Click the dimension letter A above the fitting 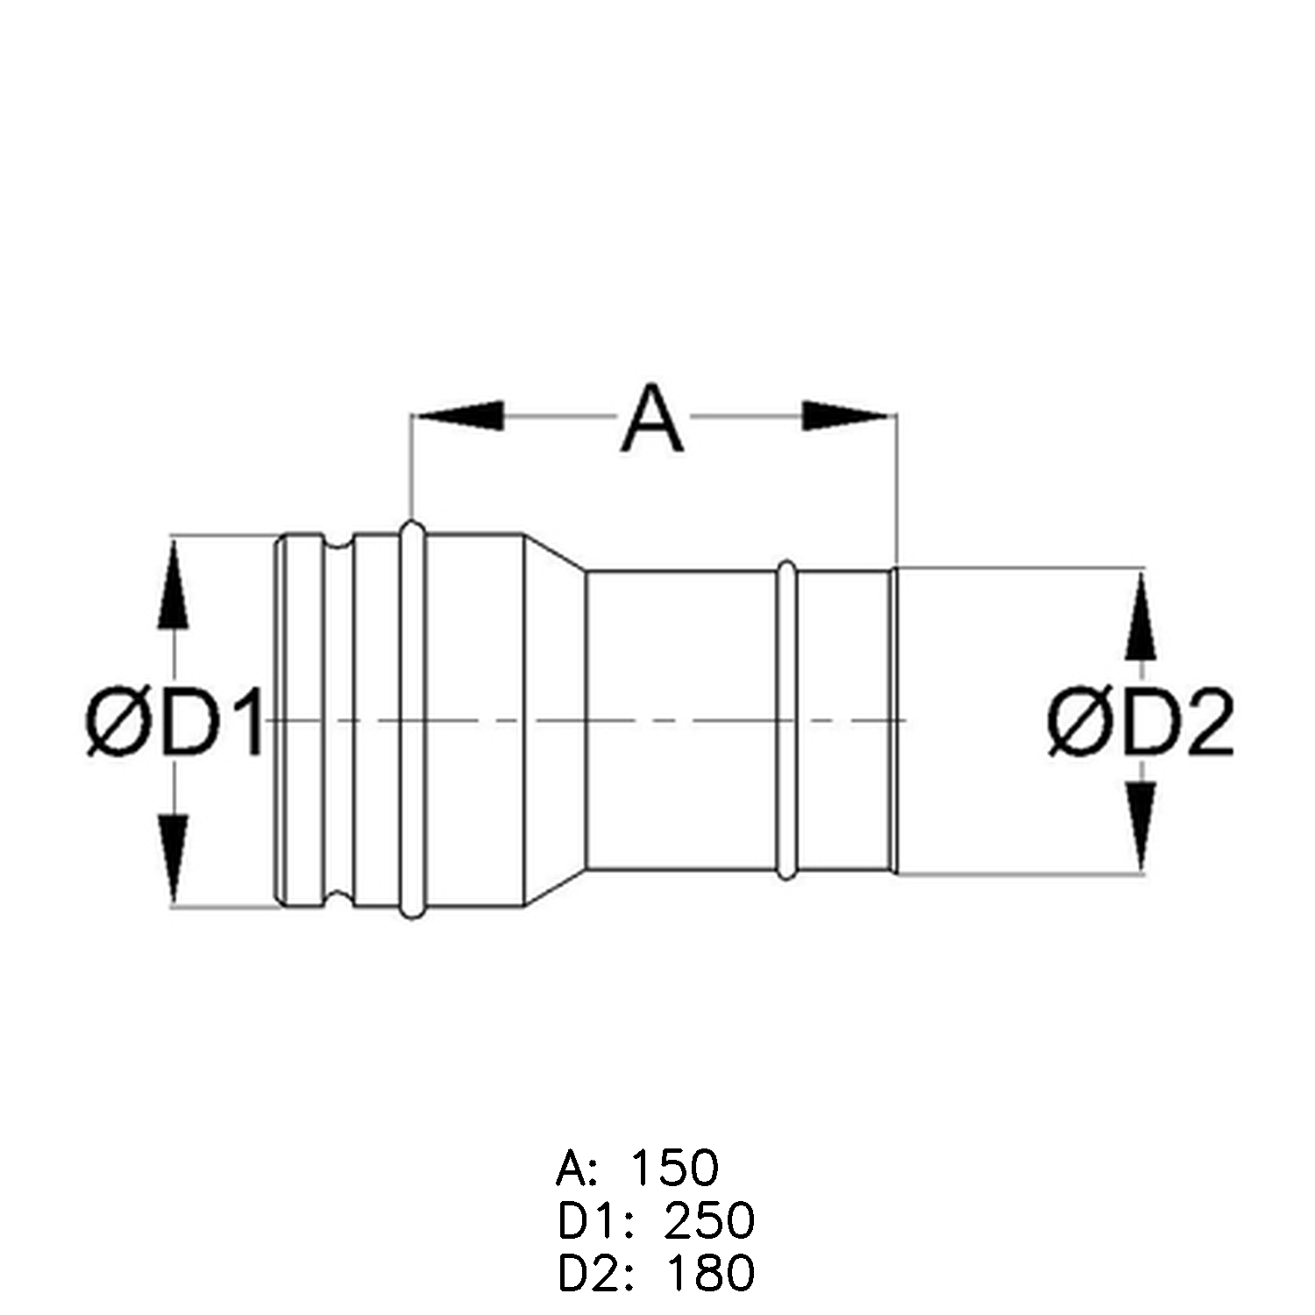point(651,418)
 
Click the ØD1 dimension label point(175,723)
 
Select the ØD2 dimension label point(1141,723)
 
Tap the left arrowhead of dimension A point(458,416)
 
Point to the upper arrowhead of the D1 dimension point(174,582)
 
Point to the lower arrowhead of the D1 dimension point(174,860)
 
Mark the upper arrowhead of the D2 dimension point(1141,614)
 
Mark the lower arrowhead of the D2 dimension point(1141,828)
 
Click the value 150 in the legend point(674,1168)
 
